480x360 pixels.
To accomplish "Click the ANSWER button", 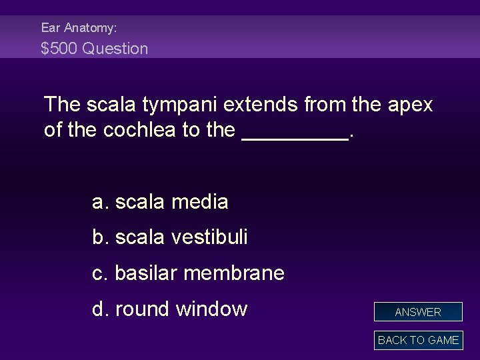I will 418,312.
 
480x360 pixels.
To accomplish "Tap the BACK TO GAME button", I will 418,340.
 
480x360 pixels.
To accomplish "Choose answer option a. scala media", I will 160,201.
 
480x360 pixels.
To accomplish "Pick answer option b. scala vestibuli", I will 170,237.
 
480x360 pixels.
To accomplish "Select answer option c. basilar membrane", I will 188,273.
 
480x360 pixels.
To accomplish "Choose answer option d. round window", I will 169,309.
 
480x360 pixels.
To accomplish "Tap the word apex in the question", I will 408,105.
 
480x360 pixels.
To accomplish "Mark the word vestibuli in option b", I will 211,237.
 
